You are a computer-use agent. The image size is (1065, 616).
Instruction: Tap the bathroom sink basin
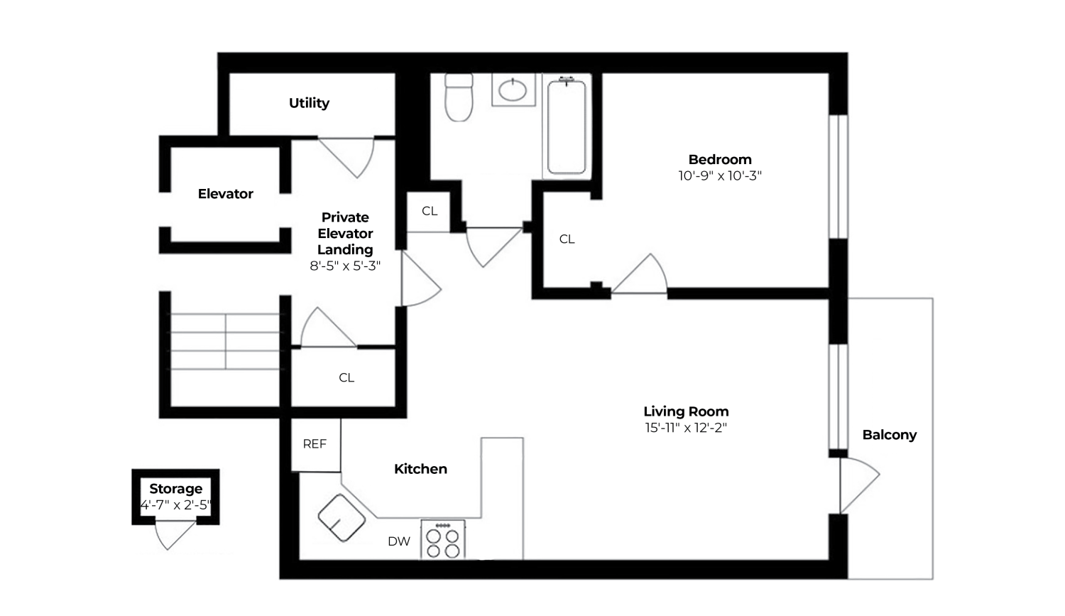(x=513, y=90)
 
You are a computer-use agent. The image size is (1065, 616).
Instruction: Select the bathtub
(x=567, y=126)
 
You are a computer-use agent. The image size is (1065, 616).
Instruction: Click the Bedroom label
(x=719, y=159)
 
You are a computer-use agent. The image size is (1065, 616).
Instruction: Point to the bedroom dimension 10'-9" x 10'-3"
(x=719, y=175)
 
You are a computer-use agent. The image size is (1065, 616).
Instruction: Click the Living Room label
(x=686, y=411)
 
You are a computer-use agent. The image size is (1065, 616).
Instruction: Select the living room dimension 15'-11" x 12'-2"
(x=686, y=428)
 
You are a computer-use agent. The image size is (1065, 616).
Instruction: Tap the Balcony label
(x=889, y=435)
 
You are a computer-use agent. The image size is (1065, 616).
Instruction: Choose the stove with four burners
(x=443, y=540)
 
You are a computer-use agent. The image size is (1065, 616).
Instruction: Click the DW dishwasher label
(x=399, y=541)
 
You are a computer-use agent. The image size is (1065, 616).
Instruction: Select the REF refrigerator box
(x=315, y=444)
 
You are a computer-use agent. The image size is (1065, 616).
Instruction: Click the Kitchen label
(x=420, y=469)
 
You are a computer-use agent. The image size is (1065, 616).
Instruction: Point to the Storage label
(x=175, y=489)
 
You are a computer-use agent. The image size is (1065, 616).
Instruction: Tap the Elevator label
(x=225, y=194)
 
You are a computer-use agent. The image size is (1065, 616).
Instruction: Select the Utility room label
(x=309, y=103)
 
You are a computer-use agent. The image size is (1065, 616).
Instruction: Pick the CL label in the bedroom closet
(x=567, y=239)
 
